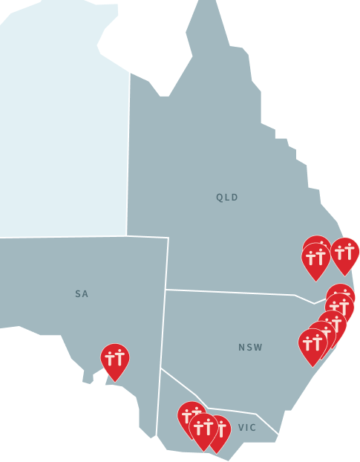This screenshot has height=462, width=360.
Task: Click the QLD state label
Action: pos(227,198)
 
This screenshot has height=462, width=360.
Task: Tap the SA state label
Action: pos(82,294)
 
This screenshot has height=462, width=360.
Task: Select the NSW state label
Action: pos(250,348)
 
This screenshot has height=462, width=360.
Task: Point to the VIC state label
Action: pos(247,428)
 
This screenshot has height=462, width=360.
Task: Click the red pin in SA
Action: pos(115,360)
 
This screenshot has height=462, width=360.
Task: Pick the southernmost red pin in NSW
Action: pos(312,345)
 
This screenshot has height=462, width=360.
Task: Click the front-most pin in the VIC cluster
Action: pos(203,430)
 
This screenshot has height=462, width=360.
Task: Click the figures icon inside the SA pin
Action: pos(115,357)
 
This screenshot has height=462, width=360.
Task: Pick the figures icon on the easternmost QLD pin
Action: pos(345,251)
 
